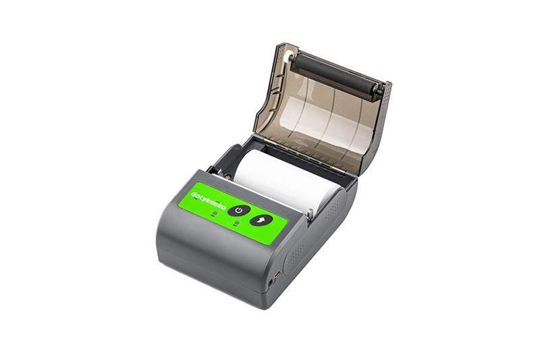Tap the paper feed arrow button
261,220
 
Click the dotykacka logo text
209,201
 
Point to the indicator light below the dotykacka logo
215,214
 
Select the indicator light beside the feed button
236,223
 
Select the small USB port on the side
277,275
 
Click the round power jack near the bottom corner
271,282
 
